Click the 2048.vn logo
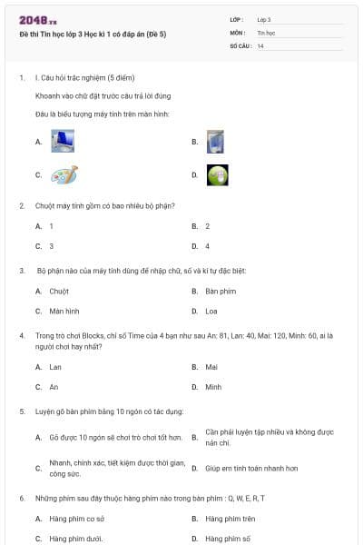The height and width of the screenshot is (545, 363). pyautogui.click(x=38, y=20)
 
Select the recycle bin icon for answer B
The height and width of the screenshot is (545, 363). pyautogui.click(x=216, y=141)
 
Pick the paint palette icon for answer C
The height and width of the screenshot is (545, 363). pyautogui.click(x=64, y=174)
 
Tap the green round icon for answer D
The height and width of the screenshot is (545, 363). pyautogui.click(x=217, y=174)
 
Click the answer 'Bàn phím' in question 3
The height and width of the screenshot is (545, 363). pyautogui.click(x=221, y=292)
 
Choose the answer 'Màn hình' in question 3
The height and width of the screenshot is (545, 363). pyautogui.click(x=64, y=311)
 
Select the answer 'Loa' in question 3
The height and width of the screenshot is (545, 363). pyautogui.click(x=211, y=311)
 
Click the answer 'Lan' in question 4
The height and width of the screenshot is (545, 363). pyautogui.click(x=55, y=367)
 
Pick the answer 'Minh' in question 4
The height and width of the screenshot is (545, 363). pyautogui.click(x=213, y=387)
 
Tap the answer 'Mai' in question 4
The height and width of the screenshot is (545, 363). pyautogui.click(x=211, y=367)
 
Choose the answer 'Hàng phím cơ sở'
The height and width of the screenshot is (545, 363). pyautogui.click(x=76, y=519)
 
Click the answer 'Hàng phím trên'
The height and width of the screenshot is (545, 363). pyautogui.click(x=231, y=519)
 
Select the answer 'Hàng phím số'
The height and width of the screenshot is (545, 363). pyautogui.click(x=227, y=539)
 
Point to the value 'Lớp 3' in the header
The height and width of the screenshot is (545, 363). pyautogui.click(x=264, y=19)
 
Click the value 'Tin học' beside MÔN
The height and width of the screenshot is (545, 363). pyautogui.click(x=266, y=32)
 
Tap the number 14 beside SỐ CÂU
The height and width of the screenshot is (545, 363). pyautogui.click(x=260, y=45)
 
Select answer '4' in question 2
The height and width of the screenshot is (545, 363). pyautogui.click(x=208, y=246)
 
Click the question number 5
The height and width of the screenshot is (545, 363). pyautogui.click(x=22, y=411)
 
